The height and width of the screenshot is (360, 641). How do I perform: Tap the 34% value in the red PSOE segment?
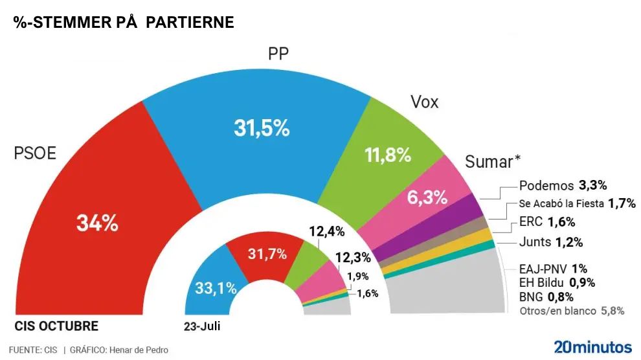(97, 223)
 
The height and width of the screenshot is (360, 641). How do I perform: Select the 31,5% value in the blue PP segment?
(261, 128)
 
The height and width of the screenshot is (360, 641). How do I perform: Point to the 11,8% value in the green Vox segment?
(388, 155)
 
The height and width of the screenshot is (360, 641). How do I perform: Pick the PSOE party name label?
(36, 153)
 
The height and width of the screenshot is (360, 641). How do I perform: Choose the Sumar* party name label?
(493, 161)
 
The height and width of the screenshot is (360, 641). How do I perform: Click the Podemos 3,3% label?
(563, 186)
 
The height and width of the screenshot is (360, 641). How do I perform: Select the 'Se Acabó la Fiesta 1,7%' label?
(576, 204)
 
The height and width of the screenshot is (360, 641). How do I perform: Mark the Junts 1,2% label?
(551, 243)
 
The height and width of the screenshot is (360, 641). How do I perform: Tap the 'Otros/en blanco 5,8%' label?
(572, 311)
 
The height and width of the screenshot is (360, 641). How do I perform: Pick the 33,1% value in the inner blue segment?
(215, 289)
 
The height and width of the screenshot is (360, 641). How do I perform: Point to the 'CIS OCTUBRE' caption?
(56, 326)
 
